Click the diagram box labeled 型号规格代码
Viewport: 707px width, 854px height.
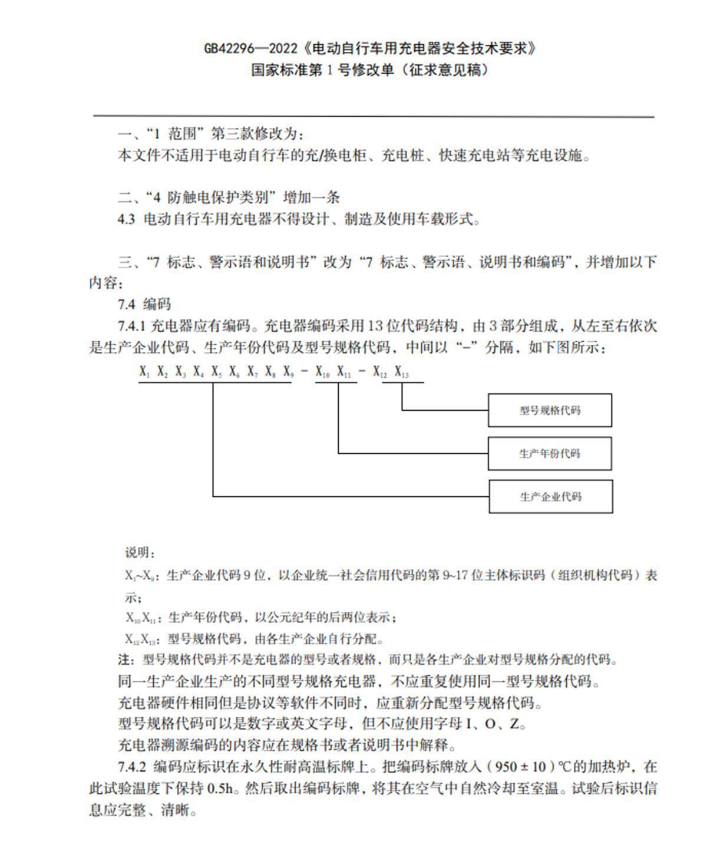(x=550, y=410)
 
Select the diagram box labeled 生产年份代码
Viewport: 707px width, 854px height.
(x=550, y=453)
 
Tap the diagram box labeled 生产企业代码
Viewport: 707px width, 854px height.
(x=550, y=496)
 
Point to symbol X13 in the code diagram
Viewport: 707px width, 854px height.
(x=401, y=372)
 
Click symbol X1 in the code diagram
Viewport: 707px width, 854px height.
(x=145, y=372)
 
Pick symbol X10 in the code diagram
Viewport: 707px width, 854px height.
(x=323, y=372)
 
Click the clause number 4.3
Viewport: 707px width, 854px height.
(x=126, y=220)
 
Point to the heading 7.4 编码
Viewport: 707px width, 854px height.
(x=144, y=304)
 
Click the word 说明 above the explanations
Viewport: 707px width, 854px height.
(x=139, y=552)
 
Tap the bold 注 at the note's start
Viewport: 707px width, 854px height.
(x=123, y=660)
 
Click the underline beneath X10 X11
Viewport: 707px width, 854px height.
(x=336, y=382)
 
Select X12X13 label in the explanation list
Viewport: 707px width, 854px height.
(x=140, y=639)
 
